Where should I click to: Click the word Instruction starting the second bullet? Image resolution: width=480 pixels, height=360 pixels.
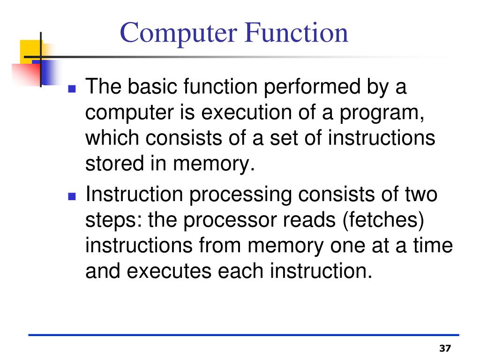[134, 195]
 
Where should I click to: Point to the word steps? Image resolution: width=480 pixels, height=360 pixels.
[114, 220]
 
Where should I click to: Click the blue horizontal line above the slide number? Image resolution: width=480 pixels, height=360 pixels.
[244, 335]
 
